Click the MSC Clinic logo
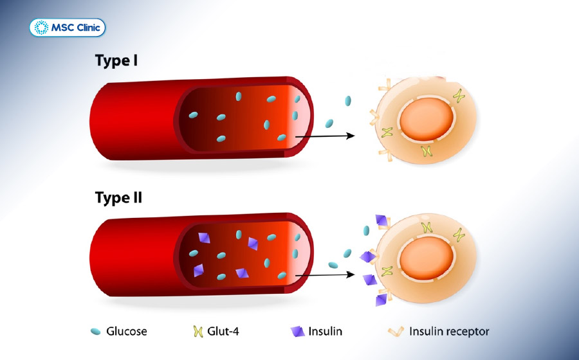pos(67,28)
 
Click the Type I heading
pos(116,60)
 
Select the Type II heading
pos(118,198)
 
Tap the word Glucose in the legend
pos(126,331)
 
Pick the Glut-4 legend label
pos(223,331)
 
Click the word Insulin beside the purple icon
pos(325,331)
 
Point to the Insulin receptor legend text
pos(449,331)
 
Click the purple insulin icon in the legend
pos(297,332)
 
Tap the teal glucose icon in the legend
pos(96,331)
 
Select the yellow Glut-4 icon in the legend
pos(198,331)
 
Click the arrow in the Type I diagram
pos(325,136)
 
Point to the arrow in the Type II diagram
pos(325,274)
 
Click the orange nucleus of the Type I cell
pos(427,119)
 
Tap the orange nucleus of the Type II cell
pos(427,258)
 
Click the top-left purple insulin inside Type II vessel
pos(204,238)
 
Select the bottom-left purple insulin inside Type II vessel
pos(199,270)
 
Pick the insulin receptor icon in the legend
pos(396,332)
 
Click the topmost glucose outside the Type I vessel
pos(348,101)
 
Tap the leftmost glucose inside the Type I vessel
pos(193,115)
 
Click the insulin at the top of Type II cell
pos(381,221)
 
